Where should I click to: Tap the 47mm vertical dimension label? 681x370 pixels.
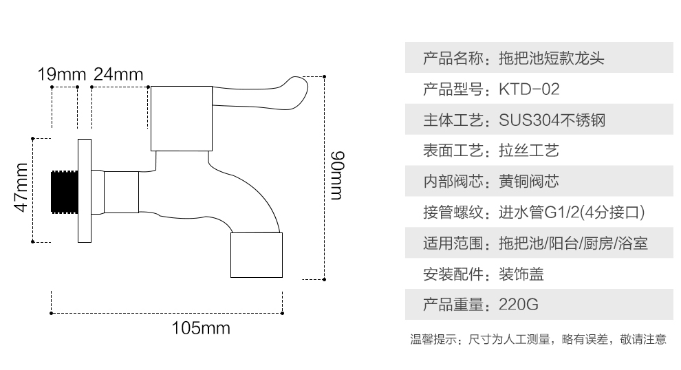click(x=20, y=188)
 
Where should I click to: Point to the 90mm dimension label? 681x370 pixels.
click(x=336, y=175)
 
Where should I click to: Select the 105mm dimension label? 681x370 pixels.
click(x=201, y=328)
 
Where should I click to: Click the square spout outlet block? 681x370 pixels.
click(x=255, y=254)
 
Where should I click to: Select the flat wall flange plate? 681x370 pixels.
click(x=85, y=191)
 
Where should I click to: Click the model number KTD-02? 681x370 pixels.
click(x=529, y=89)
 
